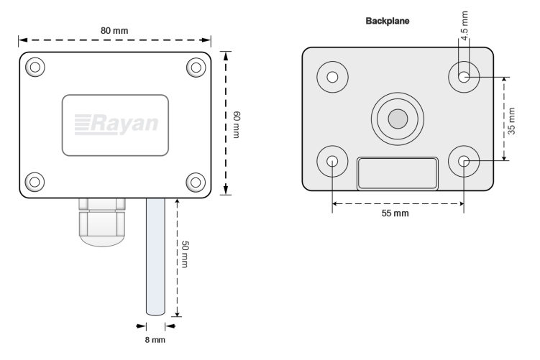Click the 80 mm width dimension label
pyautogui.click(x=116, y=31)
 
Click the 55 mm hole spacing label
pyautogui.click(x=396, y=215)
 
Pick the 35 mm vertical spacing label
pyautogui.click(x=511, y=120)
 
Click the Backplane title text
pyautogui.click(x=387, y=22)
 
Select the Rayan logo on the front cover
pyautogui.click(x=116, y=124)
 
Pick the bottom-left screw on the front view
pyautogui.click(x=35, y=181)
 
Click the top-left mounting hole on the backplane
pyautogui.click(x=333, y=77)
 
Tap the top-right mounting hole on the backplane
pyautogui.click(x=464, y=77)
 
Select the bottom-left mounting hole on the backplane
pyautogui.click(x=333, y=162)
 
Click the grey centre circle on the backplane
pyautogui.click(x=396, y=119)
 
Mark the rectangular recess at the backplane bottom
pyautogui.click(x=397, y=174)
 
